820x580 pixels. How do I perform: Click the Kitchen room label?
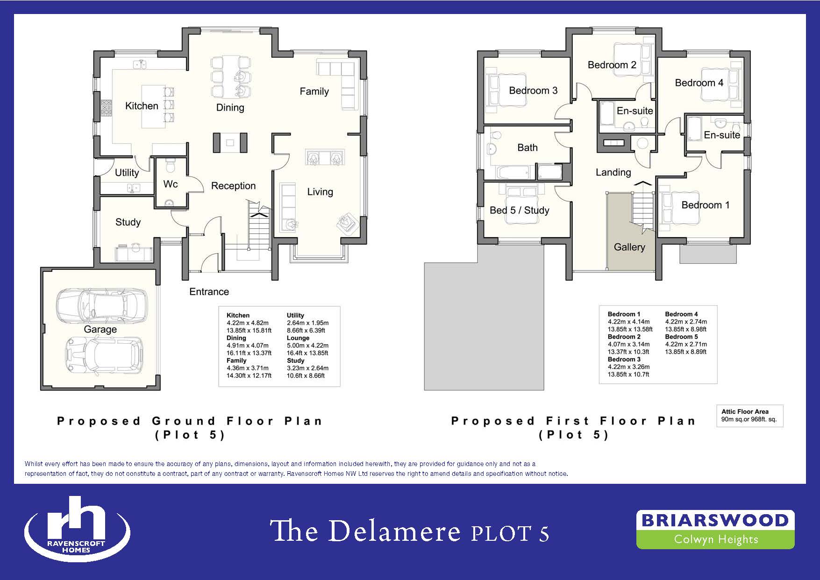142,106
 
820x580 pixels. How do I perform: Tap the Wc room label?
171,184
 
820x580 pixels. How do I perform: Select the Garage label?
100,330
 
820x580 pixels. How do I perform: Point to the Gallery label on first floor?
629,247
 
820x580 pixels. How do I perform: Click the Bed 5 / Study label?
520,210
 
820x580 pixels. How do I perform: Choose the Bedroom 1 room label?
706,205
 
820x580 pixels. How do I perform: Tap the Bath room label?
528,148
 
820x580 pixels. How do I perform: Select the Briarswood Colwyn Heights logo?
715,529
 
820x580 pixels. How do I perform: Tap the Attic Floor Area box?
749,416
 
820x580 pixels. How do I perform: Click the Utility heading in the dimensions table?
295,315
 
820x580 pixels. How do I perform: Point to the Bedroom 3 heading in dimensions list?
624,359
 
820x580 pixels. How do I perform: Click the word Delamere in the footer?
395,532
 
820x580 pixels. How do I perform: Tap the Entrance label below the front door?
209,292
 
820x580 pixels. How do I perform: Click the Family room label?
314,92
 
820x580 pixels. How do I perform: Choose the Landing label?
613,173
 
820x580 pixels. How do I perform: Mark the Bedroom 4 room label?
699,83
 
